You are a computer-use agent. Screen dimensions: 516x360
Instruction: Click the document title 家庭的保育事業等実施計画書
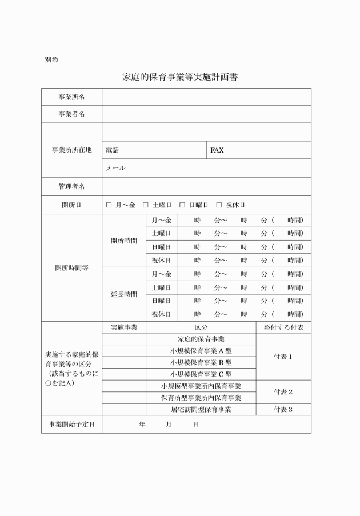pos(180,77)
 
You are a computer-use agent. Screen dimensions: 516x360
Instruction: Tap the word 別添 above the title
pos(51,59)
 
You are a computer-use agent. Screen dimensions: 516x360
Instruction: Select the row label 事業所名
pos(72,97)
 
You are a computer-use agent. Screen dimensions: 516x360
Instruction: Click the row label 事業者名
pos(72,114)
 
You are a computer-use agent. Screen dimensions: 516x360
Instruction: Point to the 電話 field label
pos(113,150)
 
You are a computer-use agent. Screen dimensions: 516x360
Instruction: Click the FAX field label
pos(217,150)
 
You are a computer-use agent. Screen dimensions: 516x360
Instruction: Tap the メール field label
pos(115,168)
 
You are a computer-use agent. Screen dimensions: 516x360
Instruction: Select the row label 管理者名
pos(72,186)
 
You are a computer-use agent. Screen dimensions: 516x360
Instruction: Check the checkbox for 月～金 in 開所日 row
pos(109,205)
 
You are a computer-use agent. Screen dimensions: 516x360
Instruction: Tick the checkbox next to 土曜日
pos(146,205)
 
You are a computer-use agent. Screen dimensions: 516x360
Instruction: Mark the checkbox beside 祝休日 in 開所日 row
pos(219,205)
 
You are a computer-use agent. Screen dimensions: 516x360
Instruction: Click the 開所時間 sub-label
pos(124,241)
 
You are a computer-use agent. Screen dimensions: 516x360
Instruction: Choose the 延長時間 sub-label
pos(124,294)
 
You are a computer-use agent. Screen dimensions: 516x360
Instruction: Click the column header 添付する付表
pos(283,327)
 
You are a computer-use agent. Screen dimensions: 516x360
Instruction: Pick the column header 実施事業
pos(124,327)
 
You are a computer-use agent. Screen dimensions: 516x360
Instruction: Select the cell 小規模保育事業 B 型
pos(201,362)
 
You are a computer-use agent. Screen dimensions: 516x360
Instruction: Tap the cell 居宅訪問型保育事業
pos(201,410)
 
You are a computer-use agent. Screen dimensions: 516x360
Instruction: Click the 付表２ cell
pos(283,392)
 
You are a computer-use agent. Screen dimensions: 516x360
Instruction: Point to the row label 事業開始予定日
pos(72,425)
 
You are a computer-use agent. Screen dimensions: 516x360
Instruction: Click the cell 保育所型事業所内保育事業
pos(201,398)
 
